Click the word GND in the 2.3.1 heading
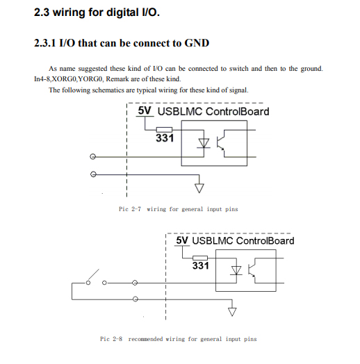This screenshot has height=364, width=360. [x=197, y=43]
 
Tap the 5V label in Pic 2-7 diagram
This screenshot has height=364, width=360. [x=145, y=110]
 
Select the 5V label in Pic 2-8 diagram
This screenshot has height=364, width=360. [x=182, y=240]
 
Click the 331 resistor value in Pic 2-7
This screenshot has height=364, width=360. [x=165, y=138]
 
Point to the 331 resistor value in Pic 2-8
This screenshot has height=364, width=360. [x=200, y=265]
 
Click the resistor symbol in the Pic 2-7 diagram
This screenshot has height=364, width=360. [x=164, y=130]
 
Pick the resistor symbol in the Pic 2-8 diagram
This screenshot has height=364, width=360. [x=200, y=258]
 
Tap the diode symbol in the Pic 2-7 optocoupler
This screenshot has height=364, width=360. [x=204, y=143]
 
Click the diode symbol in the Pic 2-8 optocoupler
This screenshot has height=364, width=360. [x=236, y=271]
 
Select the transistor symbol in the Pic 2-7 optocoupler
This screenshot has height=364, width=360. [x=220, y=142]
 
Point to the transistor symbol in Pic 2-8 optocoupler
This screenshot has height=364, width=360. [x=252, y=270]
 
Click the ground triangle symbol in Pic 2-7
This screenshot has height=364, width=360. [x=199, y=188]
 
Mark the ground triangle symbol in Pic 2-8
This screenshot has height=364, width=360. [x=232, y=312]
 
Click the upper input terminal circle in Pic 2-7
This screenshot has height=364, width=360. [x=92, y=157]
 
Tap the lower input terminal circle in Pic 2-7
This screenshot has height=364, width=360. [x=93, y=174]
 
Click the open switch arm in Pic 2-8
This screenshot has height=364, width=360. [x=94, y=275]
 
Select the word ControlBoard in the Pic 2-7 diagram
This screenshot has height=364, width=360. [x=238, y=111]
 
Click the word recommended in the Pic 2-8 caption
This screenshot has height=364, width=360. [x=145, y=339]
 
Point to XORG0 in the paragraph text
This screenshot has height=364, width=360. [x=64, y=79]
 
